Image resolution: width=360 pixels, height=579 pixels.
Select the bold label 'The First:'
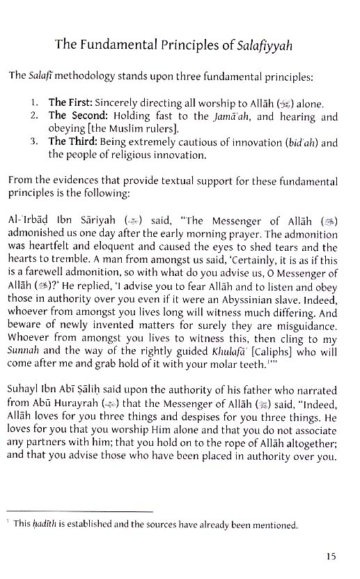pyautogui.click(x=70, y=104)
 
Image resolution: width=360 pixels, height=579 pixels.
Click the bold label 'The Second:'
pyautogui.click(x=76, y=117)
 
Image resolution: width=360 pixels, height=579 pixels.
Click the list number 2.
pyautogui.click(x=36, y=117)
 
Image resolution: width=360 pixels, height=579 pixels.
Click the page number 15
pyautogui.click(x=331, y=556)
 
